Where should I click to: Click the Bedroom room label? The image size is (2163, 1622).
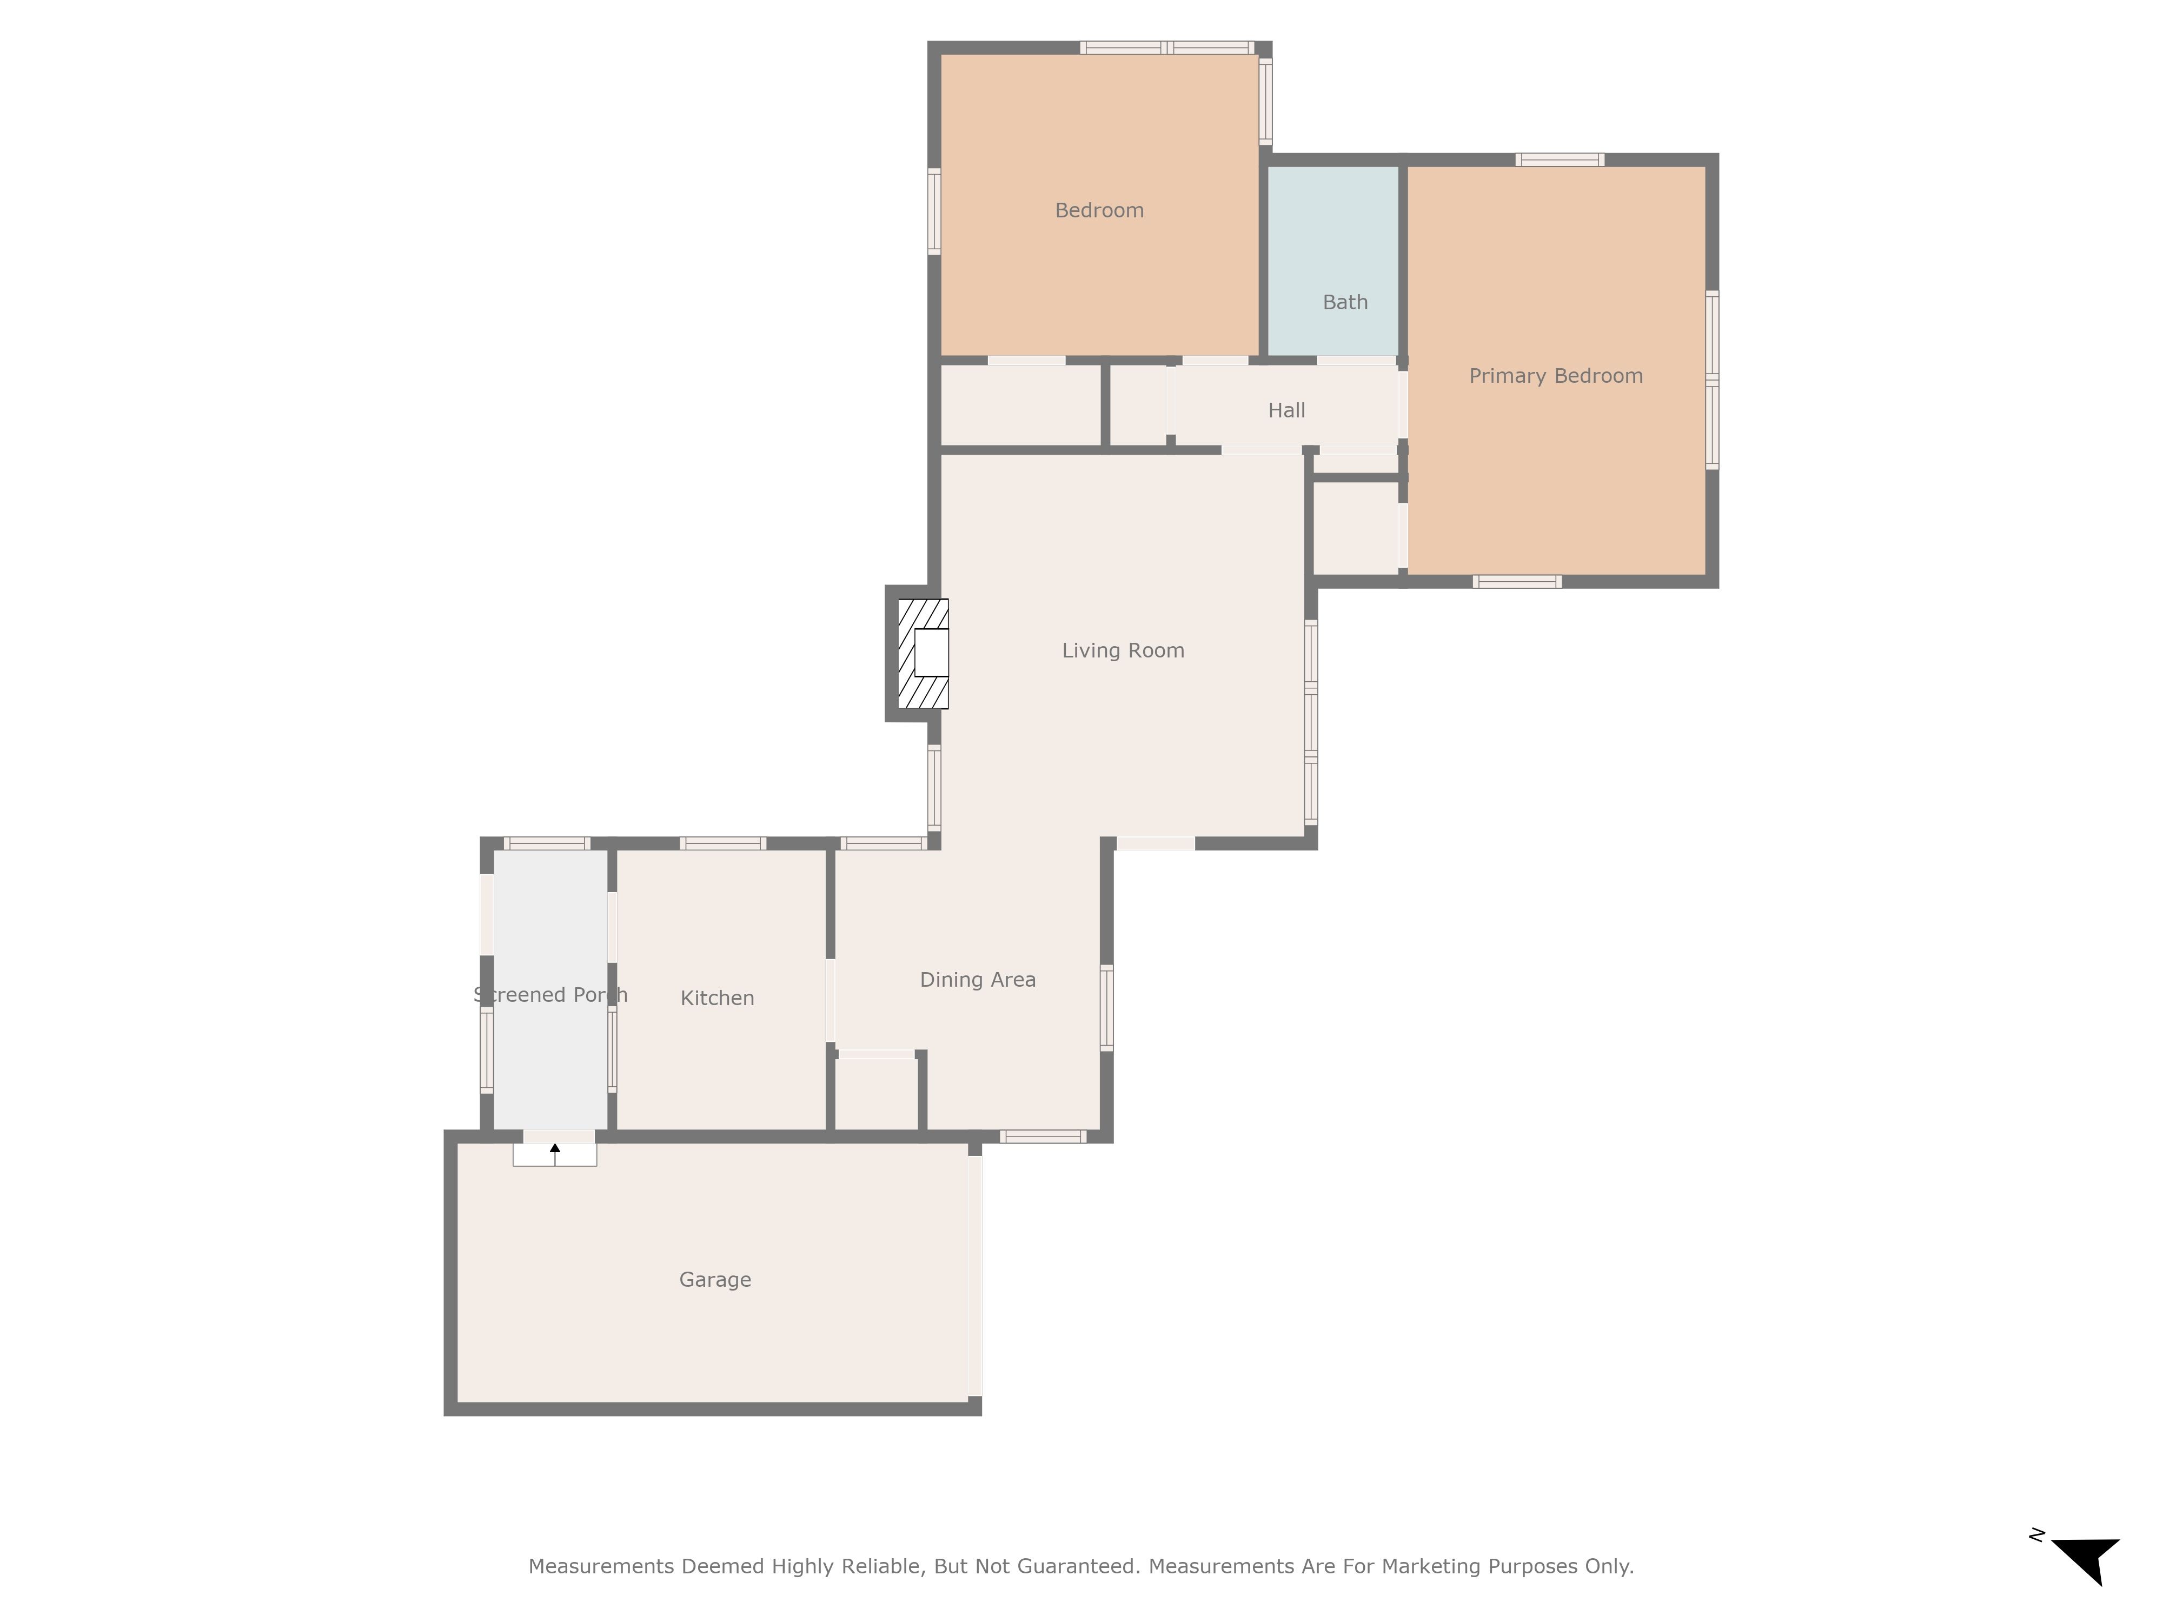pos(1099,210)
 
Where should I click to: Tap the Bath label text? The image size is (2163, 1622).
pos(1344,302)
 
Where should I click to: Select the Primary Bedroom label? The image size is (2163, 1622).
pos(1555,375)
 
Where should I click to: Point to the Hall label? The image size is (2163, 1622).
pos(1286,410)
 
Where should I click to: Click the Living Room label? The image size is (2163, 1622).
pos(1123,650)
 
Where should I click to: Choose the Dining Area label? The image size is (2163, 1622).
pos(977,980)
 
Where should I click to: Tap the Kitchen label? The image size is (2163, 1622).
pos(716,998)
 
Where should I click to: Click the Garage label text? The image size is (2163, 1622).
pos(715,1280)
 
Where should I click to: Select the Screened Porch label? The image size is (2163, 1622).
pos(549,994)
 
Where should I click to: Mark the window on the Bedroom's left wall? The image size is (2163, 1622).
pos(934,211)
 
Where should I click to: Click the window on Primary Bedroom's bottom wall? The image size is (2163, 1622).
pos(1517,582)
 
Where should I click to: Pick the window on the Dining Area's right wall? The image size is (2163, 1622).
pos(1107,1008)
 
